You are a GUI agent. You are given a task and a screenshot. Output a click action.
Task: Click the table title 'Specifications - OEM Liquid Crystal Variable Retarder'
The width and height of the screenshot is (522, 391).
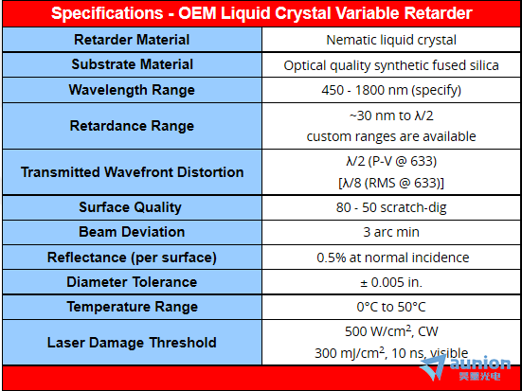[261, 13]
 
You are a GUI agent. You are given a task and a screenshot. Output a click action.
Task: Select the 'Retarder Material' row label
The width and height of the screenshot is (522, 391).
[132, 40]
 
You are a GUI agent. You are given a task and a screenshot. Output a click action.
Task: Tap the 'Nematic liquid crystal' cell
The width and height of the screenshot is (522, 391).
[391, 40]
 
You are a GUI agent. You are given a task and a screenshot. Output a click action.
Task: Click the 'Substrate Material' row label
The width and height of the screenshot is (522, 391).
[133, 64]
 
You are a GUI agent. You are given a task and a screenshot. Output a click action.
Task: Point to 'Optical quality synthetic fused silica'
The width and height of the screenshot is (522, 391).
[391, 65]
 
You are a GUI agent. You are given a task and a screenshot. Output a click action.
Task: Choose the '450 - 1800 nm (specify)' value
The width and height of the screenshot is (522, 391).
[391, 90]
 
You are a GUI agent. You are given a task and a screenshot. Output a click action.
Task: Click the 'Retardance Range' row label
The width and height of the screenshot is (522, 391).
[132, 126]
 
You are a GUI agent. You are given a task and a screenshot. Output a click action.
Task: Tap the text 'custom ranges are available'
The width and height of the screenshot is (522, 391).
[391, 136]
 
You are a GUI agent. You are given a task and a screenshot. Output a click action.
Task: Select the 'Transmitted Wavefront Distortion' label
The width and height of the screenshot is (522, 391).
[133, 172]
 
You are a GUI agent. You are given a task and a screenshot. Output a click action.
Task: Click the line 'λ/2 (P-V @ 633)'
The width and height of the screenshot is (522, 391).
[391, 161]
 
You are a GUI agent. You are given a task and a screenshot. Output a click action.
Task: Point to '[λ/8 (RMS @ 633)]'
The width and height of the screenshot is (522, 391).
[391, 183]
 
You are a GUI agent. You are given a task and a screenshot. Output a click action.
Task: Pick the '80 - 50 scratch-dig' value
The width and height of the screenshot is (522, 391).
[391, 207]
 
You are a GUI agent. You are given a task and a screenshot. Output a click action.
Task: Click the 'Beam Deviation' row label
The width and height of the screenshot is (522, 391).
[132, 232]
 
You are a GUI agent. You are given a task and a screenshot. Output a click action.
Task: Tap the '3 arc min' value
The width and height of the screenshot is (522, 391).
[391, 232]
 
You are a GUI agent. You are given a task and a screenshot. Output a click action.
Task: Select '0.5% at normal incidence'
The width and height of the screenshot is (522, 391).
[393, 258]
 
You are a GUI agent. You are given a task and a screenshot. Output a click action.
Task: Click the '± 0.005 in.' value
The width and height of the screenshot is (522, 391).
[391, 282]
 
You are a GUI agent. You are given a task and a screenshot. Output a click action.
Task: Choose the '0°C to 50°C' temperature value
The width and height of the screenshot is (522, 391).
[391, 307]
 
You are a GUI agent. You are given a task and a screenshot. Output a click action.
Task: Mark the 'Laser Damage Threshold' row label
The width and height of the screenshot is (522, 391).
[132, 343]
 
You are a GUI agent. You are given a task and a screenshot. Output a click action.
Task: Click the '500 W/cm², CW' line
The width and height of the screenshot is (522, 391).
[391, 331]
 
